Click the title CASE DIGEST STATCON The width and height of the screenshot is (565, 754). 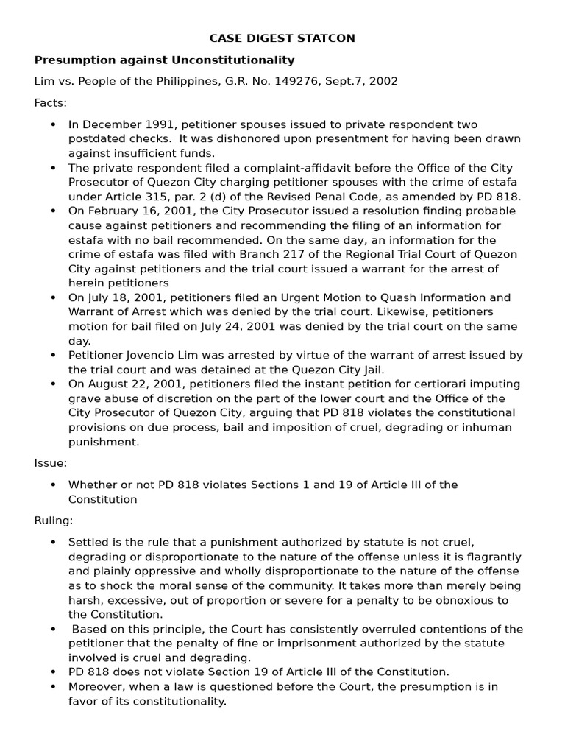[282, 38]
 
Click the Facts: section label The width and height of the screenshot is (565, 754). [50, 102]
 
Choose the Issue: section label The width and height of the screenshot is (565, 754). [50, 463]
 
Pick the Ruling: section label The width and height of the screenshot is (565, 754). [54, 521]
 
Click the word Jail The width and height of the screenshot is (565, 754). [372, 370]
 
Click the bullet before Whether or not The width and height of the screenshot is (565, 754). [53, 485]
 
